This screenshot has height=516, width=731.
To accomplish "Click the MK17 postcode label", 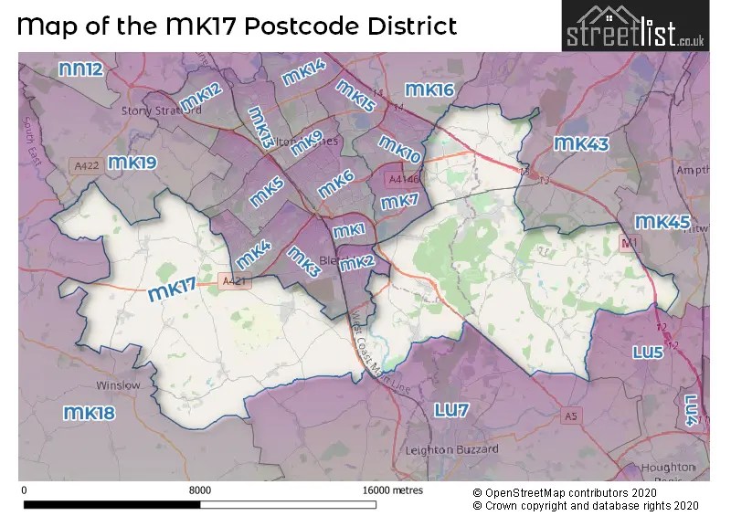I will (172, 290).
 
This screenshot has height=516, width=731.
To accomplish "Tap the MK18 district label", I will (90, 414).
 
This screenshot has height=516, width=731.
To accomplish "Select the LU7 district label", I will (451, 410).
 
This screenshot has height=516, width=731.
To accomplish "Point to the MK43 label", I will (581, 144).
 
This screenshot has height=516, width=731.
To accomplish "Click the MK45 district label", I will (662, 222).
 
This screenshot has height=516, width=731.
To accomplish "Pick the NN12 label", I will (80, 69).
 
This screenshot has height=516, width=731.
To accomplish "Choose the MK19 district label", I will (132, 163).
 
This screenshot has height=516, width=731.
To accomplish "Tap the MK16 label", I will (429, 90).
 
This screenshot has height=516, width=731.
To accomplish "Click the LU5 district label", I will (653, 352).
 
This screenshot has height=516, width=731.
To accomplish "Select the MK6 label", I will (335, 184).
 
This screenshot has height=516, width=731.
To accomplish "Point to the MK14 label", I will (304, 73).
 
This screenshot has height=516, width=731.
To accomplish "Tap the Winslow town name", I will (119, 385).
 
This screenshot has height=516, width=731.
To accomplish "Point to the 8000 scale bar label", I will (200, 490).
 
